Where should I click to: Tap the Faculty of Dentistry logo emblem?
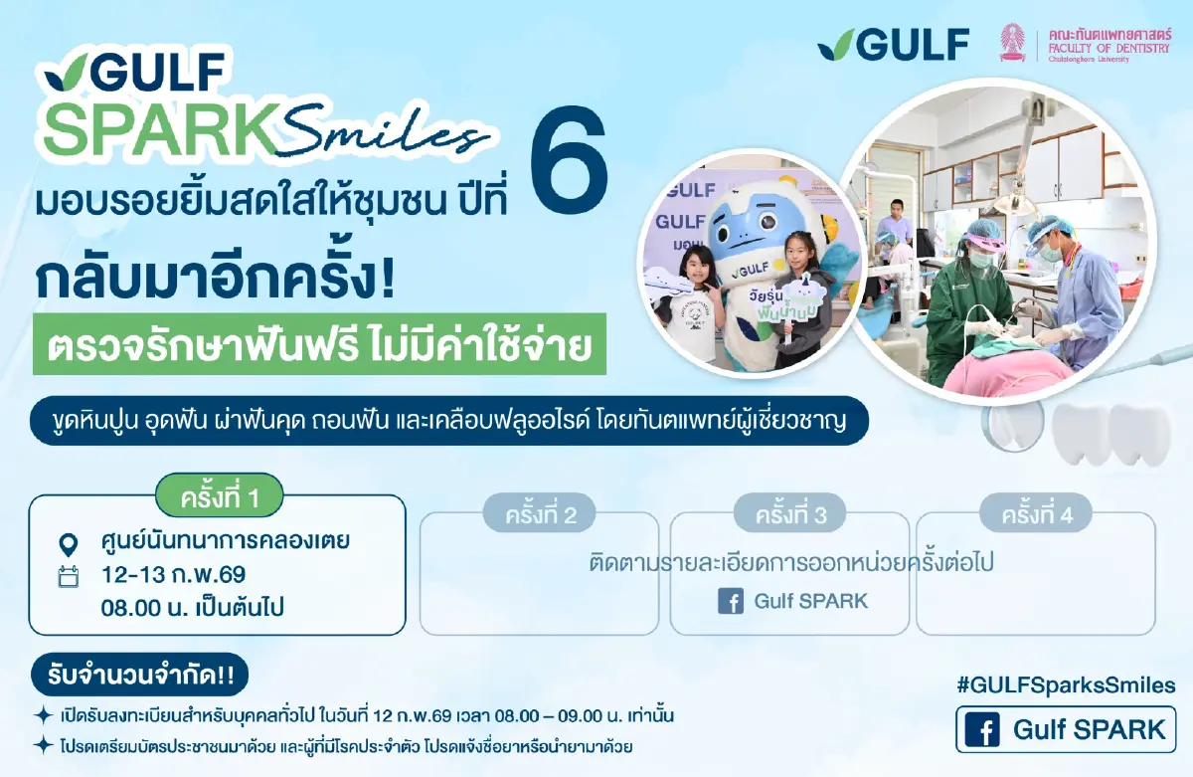pos(1013,43)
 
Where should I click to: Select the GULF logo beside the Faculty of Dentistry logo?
pos(892,44)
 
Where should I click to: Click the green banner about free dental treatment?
pos(320,347)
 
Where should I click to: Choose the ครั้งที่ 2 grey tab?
pos(542,515)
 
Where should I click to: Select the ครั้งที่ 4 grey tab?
pos(1035,515)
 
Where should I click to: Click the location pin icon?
pos(69,544)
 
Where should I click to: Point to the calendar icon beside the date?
pos(69,576)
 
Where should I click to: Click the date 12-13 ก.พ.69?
pos(174,575)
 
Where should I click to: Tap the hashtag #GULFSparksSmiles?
pos(1065,684)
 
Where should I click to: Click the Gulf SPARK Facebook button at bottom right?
pos(1065,729)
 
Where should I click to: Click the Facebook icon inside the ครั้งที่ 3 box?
pos(731,601)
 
